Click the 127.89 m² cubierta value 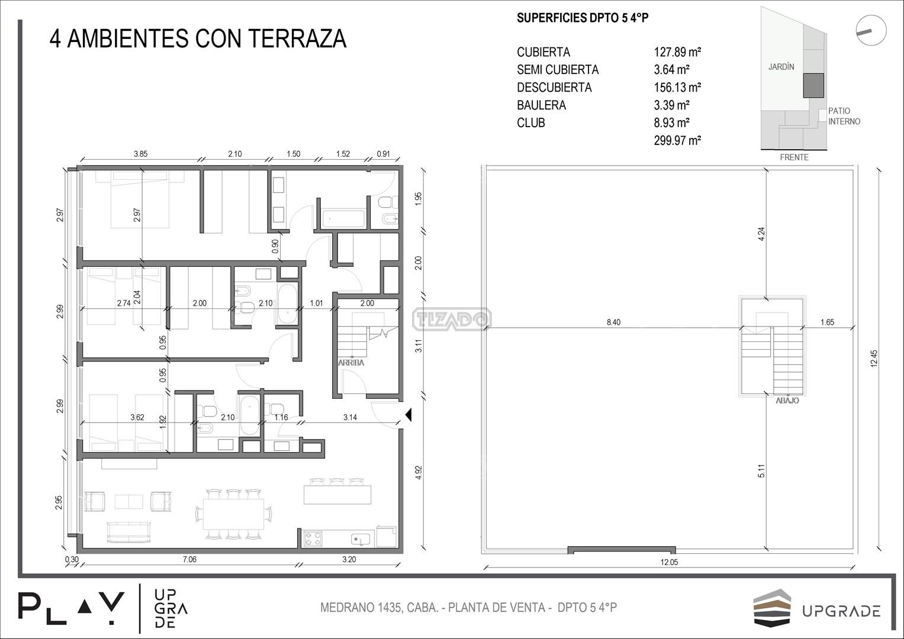pos(677,52)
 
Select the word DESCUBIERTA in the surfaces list pos(554,88)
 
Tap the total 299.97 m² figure pos(677,140)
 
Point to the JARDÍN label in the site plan pos(781,67)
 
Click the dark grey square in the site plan pos(813,86)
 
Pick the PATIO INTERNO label pos(844,116)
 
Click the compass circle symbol pos(871,30)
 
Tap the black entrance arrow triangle pos(408,415)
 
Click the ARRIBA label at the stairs pos(351,363)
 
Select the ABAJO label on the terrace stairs pos(787,401)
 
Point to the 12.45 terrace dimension pos(874,358)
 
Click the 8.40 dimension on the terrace pos(613,322)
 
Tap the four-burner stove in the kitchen pos(313,538)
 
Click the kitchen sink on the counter pos(361,539)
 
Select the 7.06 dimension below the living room pos(189,560)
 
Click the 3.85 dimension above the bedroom pos(140,154)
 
